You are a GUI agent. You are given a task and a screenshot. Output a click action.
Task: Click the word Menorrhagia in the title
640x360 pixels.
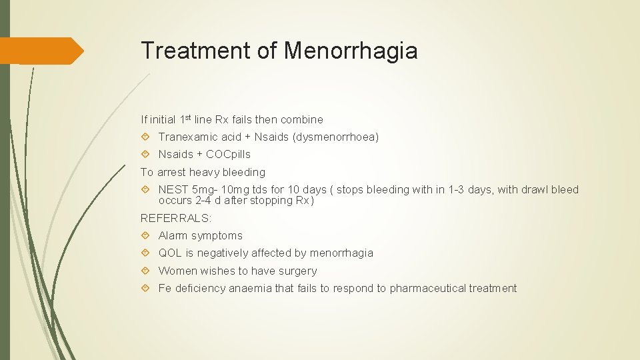pos(351,51)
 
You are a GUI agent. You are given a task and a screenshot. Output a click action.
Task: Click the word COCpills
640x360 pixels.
pos(229,155)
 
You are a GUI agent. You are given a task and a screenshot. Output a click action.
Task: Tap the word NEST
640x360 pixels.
pos(173,190)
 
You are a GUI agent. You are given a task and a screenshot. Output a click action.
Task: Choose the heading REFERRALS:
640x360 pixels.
pos(176,218)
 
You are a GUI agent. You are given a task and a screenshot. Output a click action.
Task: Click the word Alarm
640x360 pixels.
pos(173,236)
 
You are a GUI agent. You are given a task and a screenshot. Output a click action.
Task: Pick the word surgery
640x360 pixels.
pos(299,271)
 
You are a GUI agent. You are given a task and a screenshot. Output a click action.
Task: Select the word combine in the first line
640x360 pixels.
pos(302,120)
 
